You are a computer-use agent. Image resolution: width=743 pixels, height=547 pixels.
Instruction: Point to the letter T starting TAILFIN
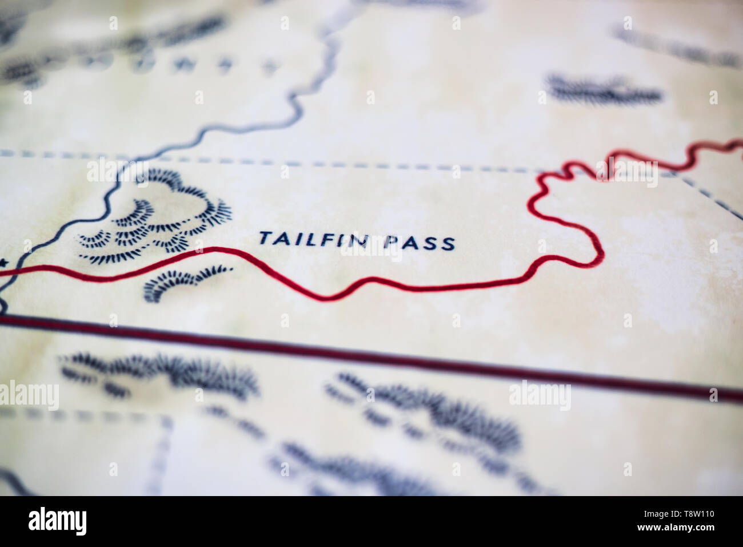(265, 236)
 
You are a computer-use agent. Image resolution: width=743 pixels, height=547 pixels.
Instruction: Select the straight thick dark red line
(400, 355)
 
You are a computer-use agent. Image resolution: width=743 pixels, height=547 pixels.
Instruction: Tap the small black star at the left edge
(4, 263)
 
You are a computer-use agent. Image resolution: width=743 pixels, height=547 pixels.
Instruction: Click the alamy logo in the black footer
(58, 521)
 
